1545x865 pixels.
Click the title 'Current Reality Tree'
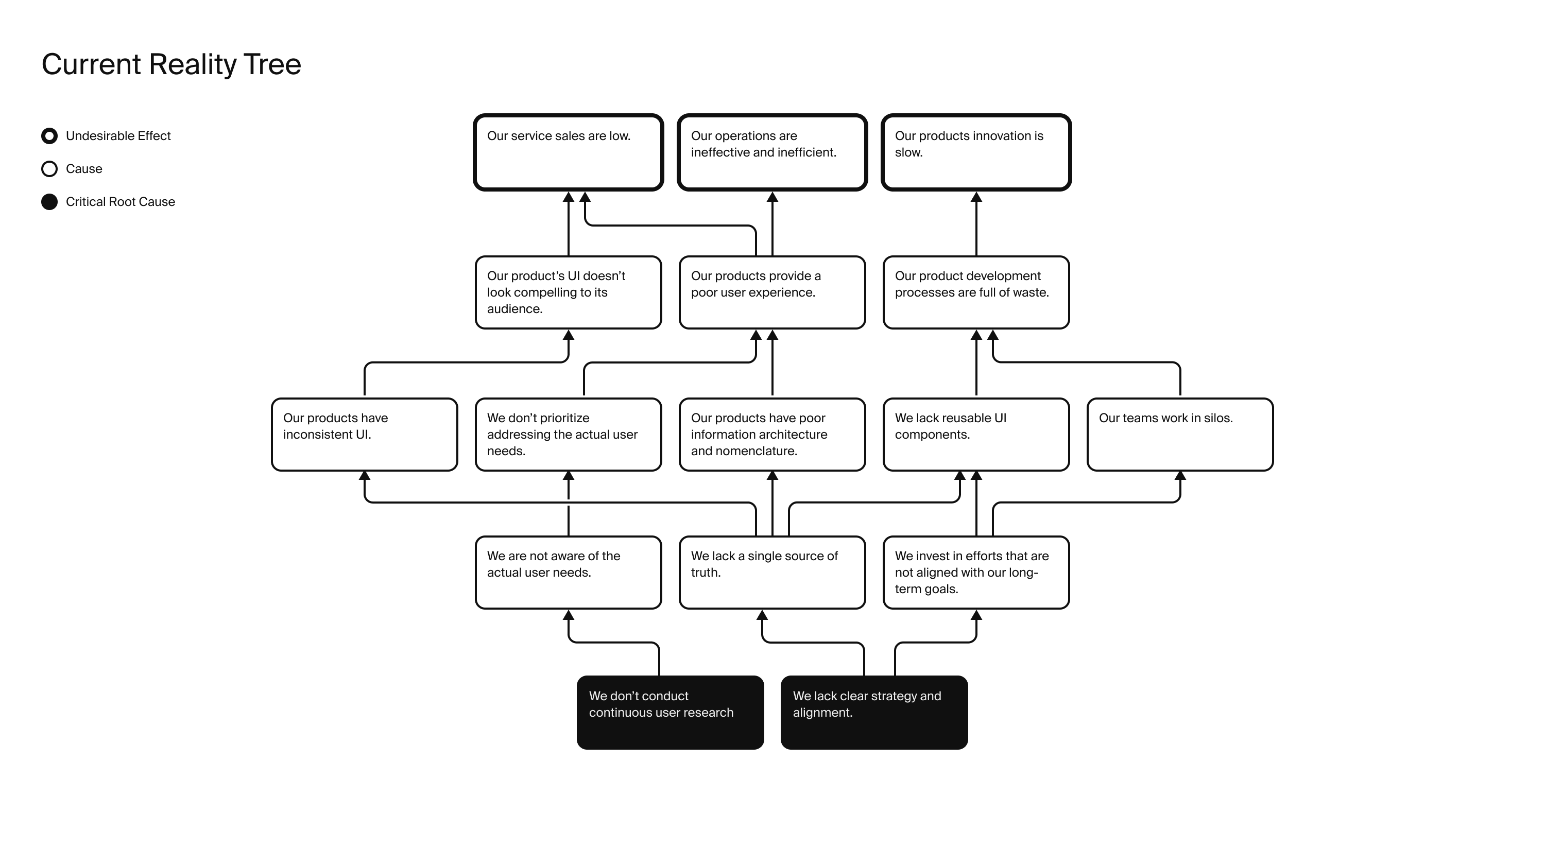pyautogui.click(x=171, y=65)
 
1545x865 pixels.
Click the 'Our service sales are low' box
pyautogui.click(x=569, y=152)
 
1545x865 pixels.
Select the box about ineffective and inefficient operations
pyautogui.click(x=772, y=152)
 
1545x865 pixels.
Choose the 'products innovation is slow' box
pyautogui.click(x=976, y=152)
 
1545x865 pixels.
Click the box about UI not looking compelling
pyautogui.click(x=569, y=292)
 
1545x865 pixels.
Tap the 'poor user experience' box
pyautogui.click(x=772, y=292)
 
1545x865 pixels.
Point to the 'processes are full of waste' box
pyautogui.click(x=976, y=292)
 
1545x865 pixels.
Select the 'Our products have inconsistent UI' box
pyautogui.click(x=365, y=435)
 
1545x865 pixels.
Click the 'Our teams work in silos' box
pyautogui.click(x=1180, y=435)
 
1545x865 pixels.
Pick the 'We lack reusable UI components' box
pyautogui.click(x=976, y=435)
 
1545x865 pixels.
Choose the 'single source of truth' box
pyautogui.click(x=772, y=573)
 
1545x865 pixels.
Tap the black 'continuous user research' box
pyautogui.click(x=671, y=713)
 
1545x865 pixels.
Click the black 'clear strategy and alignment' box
pyautogui.click(x=874, y=713)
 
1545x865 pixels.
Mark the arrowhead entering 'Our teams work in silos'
pyautogui.click(x=1180, y=476)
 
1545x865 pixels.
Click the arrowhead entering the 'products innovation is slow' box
pyautogui.click(x=976, y=197)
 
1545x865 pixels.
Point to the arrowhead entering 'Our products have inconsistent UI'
pyautogui.click(x=365, y=476)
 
